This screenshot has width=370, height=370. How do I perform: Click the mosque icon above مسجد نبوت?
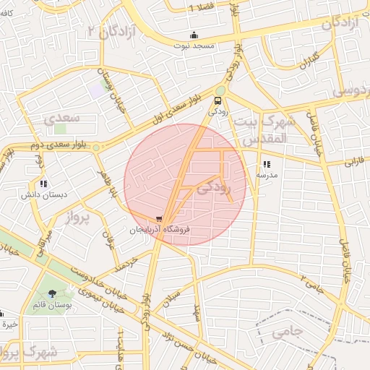coord(193,35)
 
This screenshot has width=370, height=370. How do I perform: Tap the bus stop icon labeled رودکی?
coord(218,100)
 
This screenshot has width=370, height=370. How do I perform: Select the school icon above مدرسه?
coord(267,164)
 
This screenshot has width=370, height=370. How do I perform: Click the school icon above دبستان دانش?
coord(43,184)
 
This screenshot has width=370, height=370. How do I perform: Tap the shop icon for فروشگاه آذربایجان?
coord(159,218)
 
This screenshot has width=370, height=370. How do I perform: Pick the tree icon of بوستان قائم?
coord(52,293)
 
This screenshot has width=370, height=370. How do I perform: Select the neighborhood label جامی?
coord(288,333)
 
